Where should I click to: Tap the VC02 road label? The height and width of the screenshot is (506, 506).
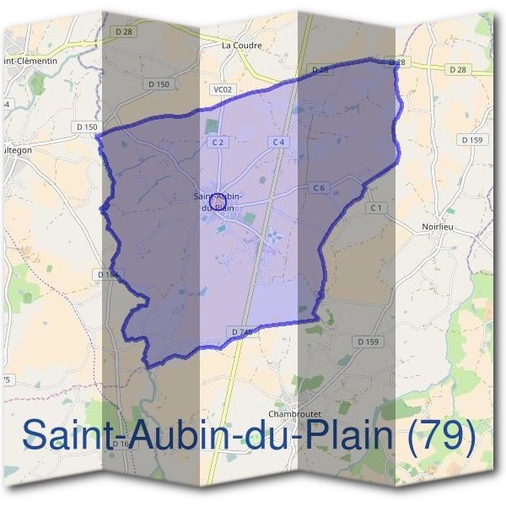221,89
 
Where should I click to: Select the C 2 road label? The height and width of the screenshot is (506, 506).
218,143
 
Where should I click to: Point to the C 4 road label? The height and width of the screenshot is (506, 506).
278,143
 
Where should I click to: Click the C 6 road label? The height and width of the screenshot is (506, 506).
318,187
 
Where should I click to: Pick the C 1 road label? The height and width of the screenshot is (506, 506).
376,207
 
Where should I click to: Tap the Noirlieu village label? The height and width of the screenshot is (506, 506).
438,227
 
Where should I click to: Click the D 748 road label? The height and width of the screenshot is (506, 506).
241,332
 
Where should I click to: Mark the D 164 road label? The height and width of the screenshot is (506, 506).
108,274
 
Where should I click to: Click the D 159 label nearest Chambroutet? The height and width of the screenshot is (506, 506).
369,342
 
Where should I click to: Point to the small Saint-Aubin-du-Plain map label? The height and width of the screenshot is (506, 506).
218,202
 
